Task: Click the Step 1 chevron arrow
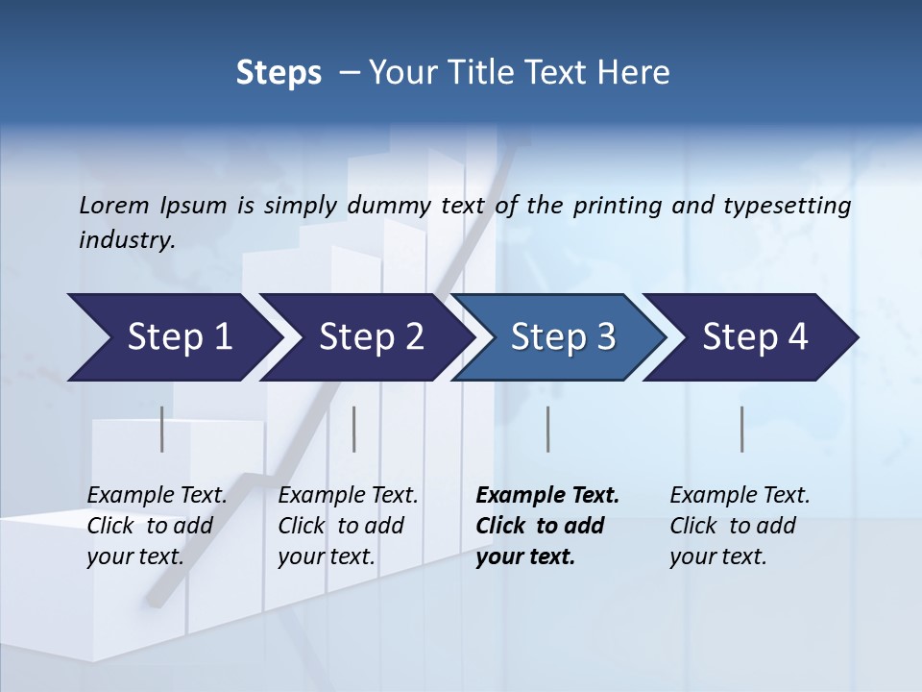pyautogui.click(x=173, y=337)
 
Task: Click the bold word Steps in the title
pyautogui.click(x=279, y=72)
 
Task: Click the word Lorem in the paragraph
pyautogui.click(x=113, y=205)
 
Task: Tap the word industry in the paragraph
pyautogui.click(x=126, y=239)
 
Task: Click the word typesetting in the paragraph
pyautogui.click(x=783, y=205)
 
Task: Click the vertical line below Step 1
pyautogui.click(x=161, y=429)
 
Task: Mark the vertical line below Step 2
pyautogui.click(x=353, y=429)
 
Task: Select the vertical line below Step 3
pyautogui.click(x=547, y=429)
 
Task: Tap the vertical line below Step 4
pyautogui.click(x=741, y=429)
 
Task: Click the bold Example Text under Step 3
pyautogui.click(x=546, y=525)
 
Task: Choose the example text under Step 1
pyautogui.click(x=157, y=525)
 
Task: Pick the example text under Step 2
pyautogui.click(x=348, y=525)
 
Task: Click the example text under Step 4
pyautogui.click(x=739, y=525)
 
